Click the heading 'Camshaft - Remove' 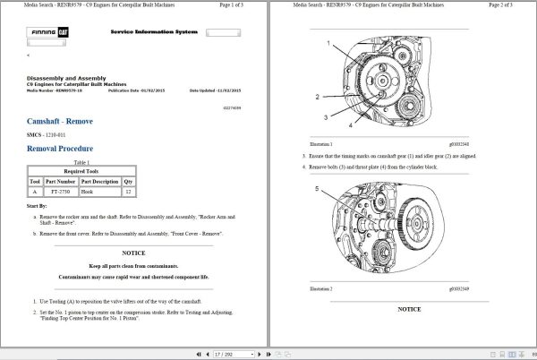tap(60, 121)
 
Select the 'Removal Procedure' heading tap(60, 148)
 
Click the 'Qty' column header tap(129, 181)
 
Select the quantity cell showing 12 tap(129, 192)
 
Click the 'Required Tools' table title tap(81, 170)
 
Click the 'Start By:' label tap(38, 207)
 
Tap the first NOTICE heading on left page tap(133, 253)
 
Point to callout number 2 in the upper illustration tap(317, 97)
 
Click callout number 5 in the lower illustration tap(317, 189)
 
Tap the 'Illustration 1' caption tap(320, 144)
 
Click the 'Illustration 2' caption tap(320, 289)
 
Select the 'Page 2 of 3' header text tap(509, 5)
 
